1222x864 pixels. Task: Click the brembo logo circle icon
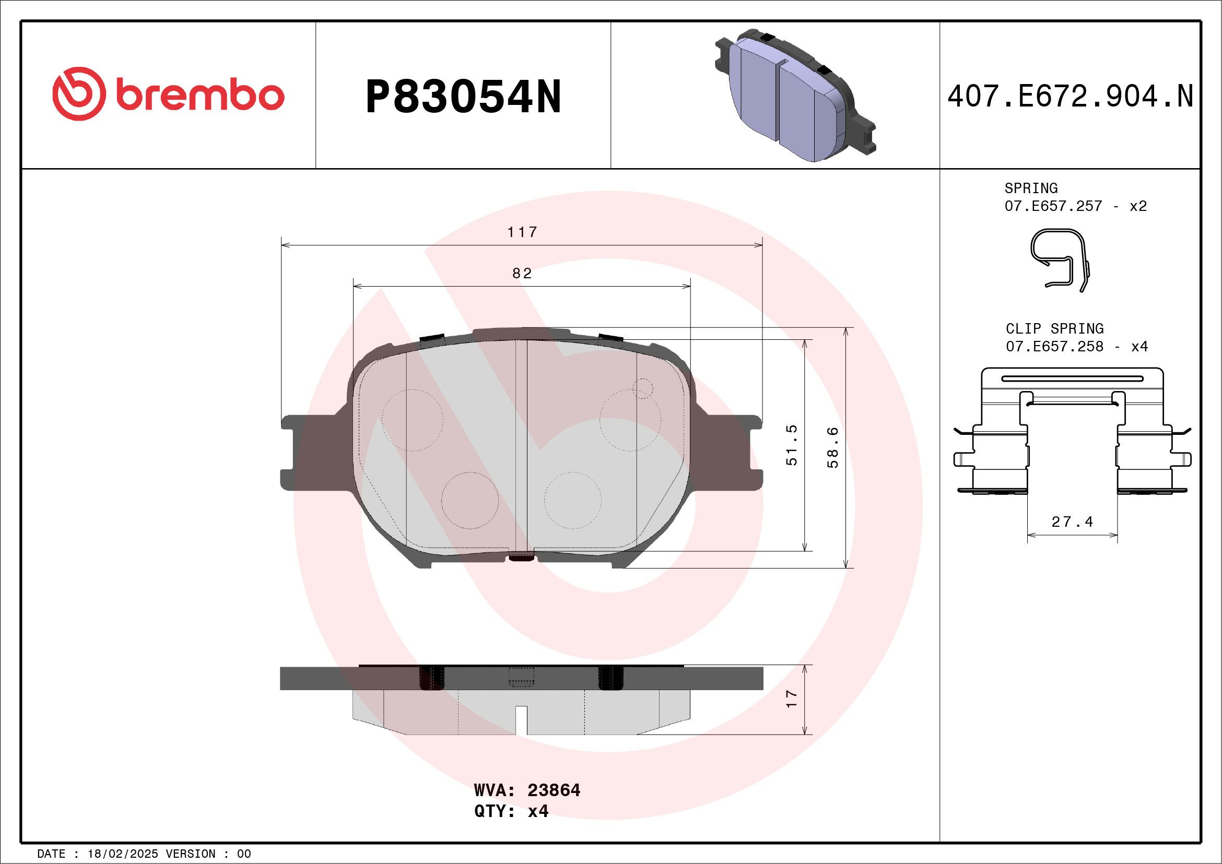point(78,93)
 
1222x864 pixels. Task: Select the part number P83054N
point(463,97)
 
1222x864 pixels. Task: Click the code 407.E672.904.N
point(1071,97)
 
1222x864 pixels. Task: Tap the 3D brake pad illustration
point(796,96)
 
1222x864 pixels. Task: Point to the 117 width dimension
point(522,232)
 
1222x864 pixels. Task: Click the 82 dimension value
point(522,274)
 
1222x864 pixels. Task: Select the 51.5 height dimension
point(792,445)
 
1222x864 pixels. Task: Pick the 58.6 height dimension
point(833,447)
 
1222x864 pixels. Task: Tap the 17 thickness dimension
point(792,699)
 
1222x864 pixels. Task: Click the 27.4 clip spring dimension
point(1072,522)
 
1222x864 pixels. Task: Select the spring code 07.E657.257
point(1053,206)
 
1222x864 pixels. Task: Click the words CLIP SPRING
point(1054,328)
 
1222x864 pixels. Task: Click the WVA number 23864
point(554,790)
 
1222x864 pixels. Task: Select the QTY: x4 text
point(511,811)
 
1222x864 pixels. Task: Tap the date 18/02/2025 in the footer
point(122,854)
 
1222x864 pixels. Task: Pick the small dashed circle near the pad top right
point(643,388)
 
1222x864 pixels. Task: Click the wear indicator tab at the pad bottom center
point(522,557)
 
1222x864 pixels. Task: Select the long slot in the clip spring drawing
point(1072,379)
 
